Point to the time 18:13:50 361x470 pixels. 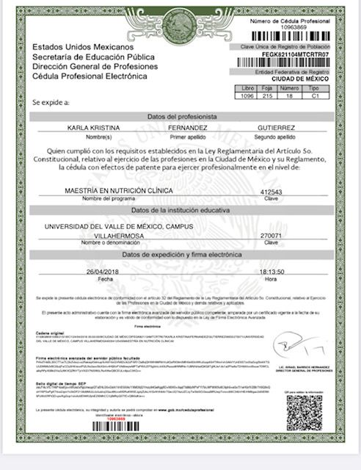pos(271,270)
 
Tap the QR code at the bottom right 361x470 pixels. pos(305,413)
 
